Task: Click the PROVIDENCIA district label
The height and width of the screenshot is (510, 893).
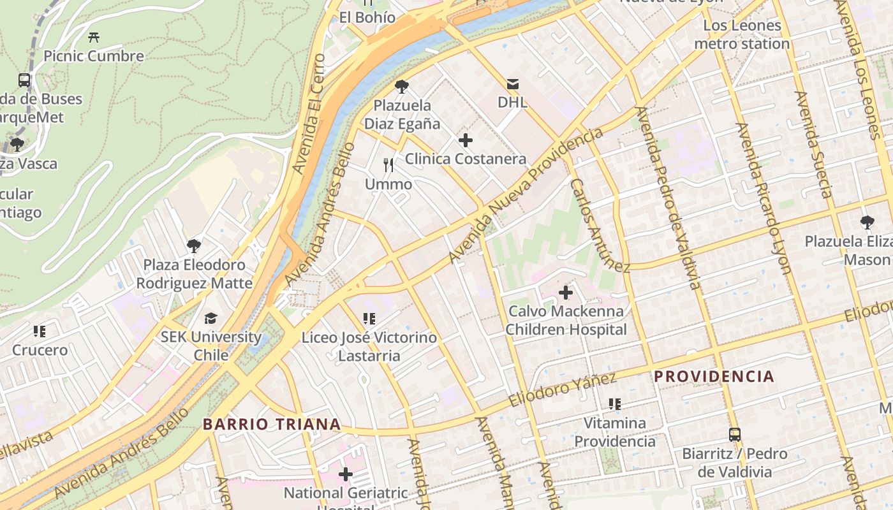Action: (x=714, y=376)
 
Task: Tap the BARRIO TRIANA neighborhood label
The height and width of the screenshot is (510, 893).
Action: (x=272, y=424)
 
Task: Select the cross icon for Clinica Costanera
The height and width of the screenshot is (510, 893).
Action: (x=466, y=140)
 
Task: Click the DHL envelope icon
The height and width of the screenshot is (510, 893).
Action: (x=513, y=84)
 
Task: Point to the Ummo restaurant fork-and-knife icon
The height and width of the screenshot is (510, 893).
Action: (x=388, y=165)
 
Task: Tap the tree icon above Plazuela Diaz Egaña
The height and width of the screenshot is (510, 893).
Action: (x=402, y=87)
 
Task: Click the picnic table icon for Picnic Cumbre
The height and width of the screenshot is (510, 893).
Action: (x=94, y=38)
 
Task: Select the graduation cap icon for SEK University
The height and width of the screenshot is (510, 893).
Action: (x=210, y=318)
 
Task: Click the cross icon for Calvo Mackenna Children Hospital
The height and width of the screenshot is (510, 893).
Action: (x=565, y=293)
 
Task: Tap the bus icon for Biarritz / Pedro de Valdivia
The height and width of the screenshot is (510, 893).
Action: (x=735, y=435)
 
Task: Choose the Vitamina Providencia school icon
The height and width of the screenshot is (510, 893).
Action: (x=615, y=404)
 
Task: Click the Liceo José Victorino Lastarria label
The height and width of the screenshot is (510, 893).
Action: (x=369, y=346)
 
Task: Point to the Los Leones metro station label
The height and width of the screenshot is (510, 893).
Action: (x=742, y=34)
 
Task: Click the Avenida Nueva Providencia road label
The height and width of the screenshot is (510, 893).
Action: (x=526, y=195)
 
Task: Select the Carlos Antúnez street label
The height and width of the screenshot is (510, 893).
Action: (x=599, y=225)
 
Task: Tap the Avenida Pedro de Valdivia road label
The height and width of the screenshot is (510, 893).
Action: (x=668, y=198)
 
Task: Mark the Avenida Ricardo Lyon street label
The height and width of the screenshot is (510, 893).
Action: (x=763, y=198)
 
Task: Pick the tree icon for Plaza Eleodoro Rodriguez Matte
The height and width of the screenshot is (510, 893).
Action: (x=194, y=245)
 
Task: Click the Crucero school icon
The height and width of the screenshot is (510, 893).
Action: (x=40, y=331)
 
